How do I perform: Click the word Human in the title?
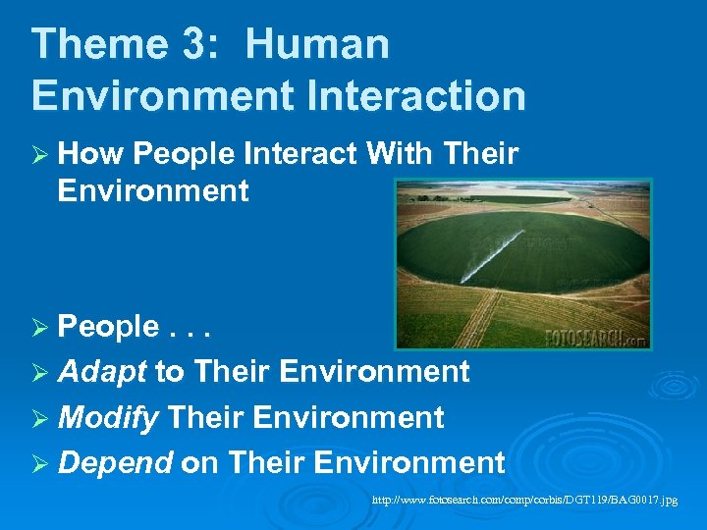(x=317, y=45)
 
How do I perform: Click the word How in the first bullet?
(x=89, y=154)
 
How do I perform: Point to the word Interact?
(x=301, y=154)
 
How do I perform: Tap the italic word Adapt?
(x=102, y=372)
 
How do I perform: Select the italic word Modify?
(x=108, y=417)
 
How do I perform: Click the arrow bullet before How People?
(x=40, y=155)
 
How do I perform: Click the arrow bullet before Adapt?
(x=40, y=373)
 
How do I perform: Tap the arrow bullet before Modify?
(x=40, y=418)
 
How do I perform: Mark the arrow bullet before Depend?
(x=40, y=462)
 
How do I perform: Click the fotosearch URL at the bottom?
(x=524, y=501)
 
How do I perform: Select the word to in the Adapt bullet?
(x=169, y=373)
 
